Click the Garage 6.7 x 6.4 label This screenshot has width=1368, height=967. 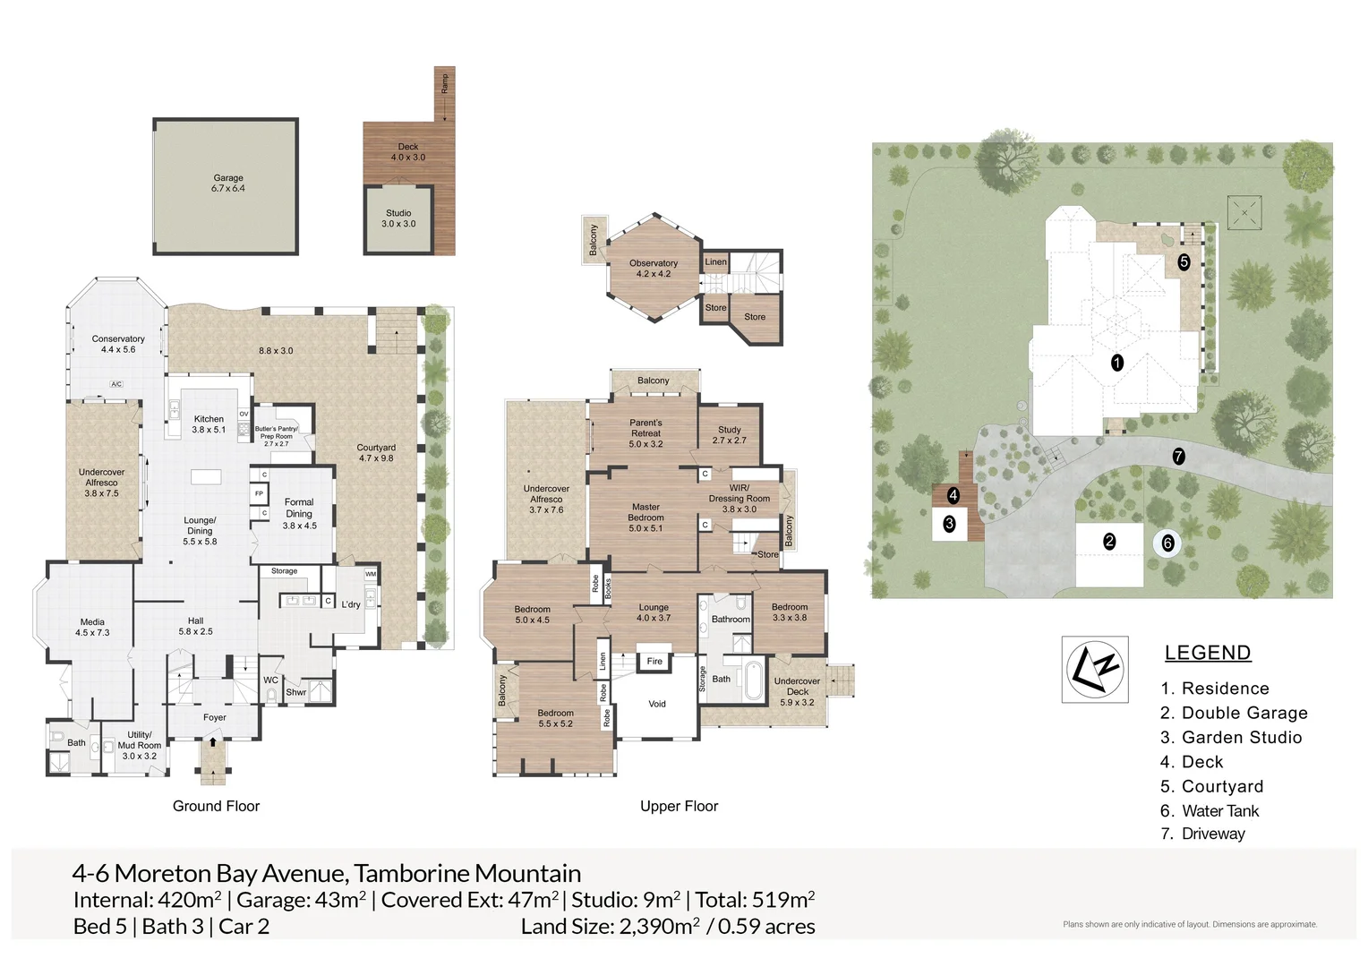[228, 184]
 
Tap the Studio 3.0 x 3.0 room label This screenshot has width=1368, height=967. [398, 218]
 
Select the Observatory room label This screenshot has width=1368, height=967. [654, 269]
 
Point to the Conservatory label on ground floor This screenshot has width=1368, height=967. [118, 344]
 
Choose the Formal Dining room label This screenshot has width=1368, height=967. [299, 508]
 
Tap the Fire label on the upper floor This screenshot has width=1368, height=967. [654, 662]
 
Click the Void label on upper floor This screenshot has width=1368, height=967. [657, 704]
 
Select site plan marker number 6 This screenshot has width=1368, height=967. [1167, 543]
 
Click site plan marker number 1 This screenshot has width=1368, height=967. [1116, 363]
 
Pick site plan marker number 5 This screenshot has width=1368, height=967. [1184, 262]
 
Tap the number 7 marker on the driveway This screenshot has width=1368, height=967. [1178, 456]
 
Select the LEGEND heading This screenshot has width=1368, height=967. [1207, 653]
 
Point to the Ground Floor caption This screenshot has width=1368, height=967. [216, 806]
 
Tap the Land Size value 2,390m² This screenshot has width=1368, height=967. [659, 927]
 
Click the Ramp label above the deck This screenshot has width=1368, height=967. [445, 83]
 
